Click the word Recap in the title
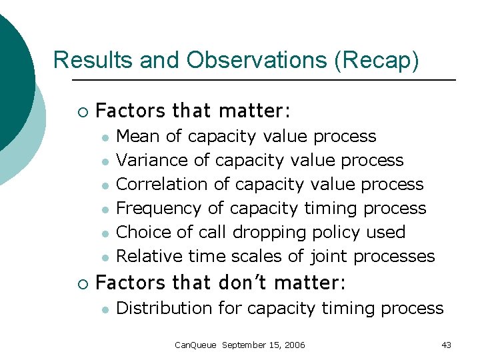point(378,61)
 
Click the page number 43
point(446,345)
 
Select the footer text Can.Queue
point(195,345)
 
